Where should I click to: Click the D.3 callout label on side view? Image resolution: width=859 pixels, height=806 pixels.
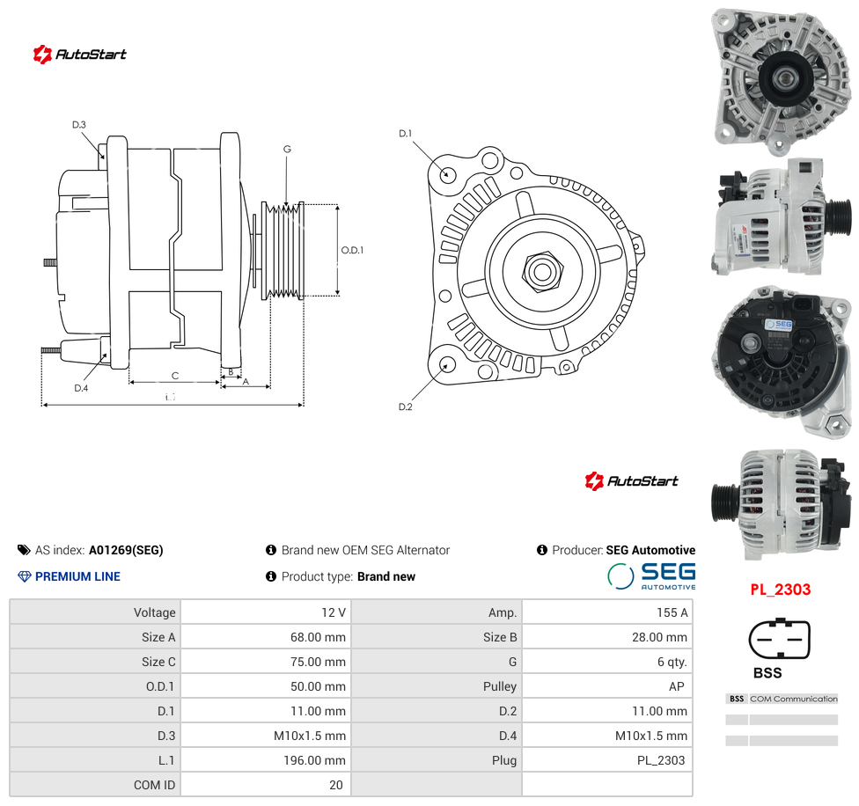tap(79, 125)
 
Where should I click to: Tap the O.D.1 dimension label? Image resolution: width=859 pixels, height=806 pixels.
tap(352, 250)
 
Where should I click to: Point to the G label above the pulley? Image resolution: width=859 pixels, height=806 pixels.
tap(287, 149)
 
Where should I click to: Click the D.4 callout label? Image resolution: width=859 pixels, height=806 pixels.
tap(81, 388)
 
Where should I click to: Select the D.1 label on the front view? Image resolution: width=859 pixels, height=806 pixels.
tap(406, 134)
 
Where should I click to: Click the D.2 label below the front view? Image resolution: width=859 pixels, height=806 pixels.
tap(406, 407)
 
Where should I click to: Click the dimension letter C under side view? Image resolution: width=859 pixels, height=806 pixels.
tap(175, 376)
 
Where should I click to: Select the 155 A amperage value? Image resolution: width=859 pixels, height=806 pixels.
tap(672, 612)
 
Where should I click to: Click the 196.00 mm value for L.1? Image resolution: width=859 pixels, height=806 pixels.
tap(314, 760)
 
